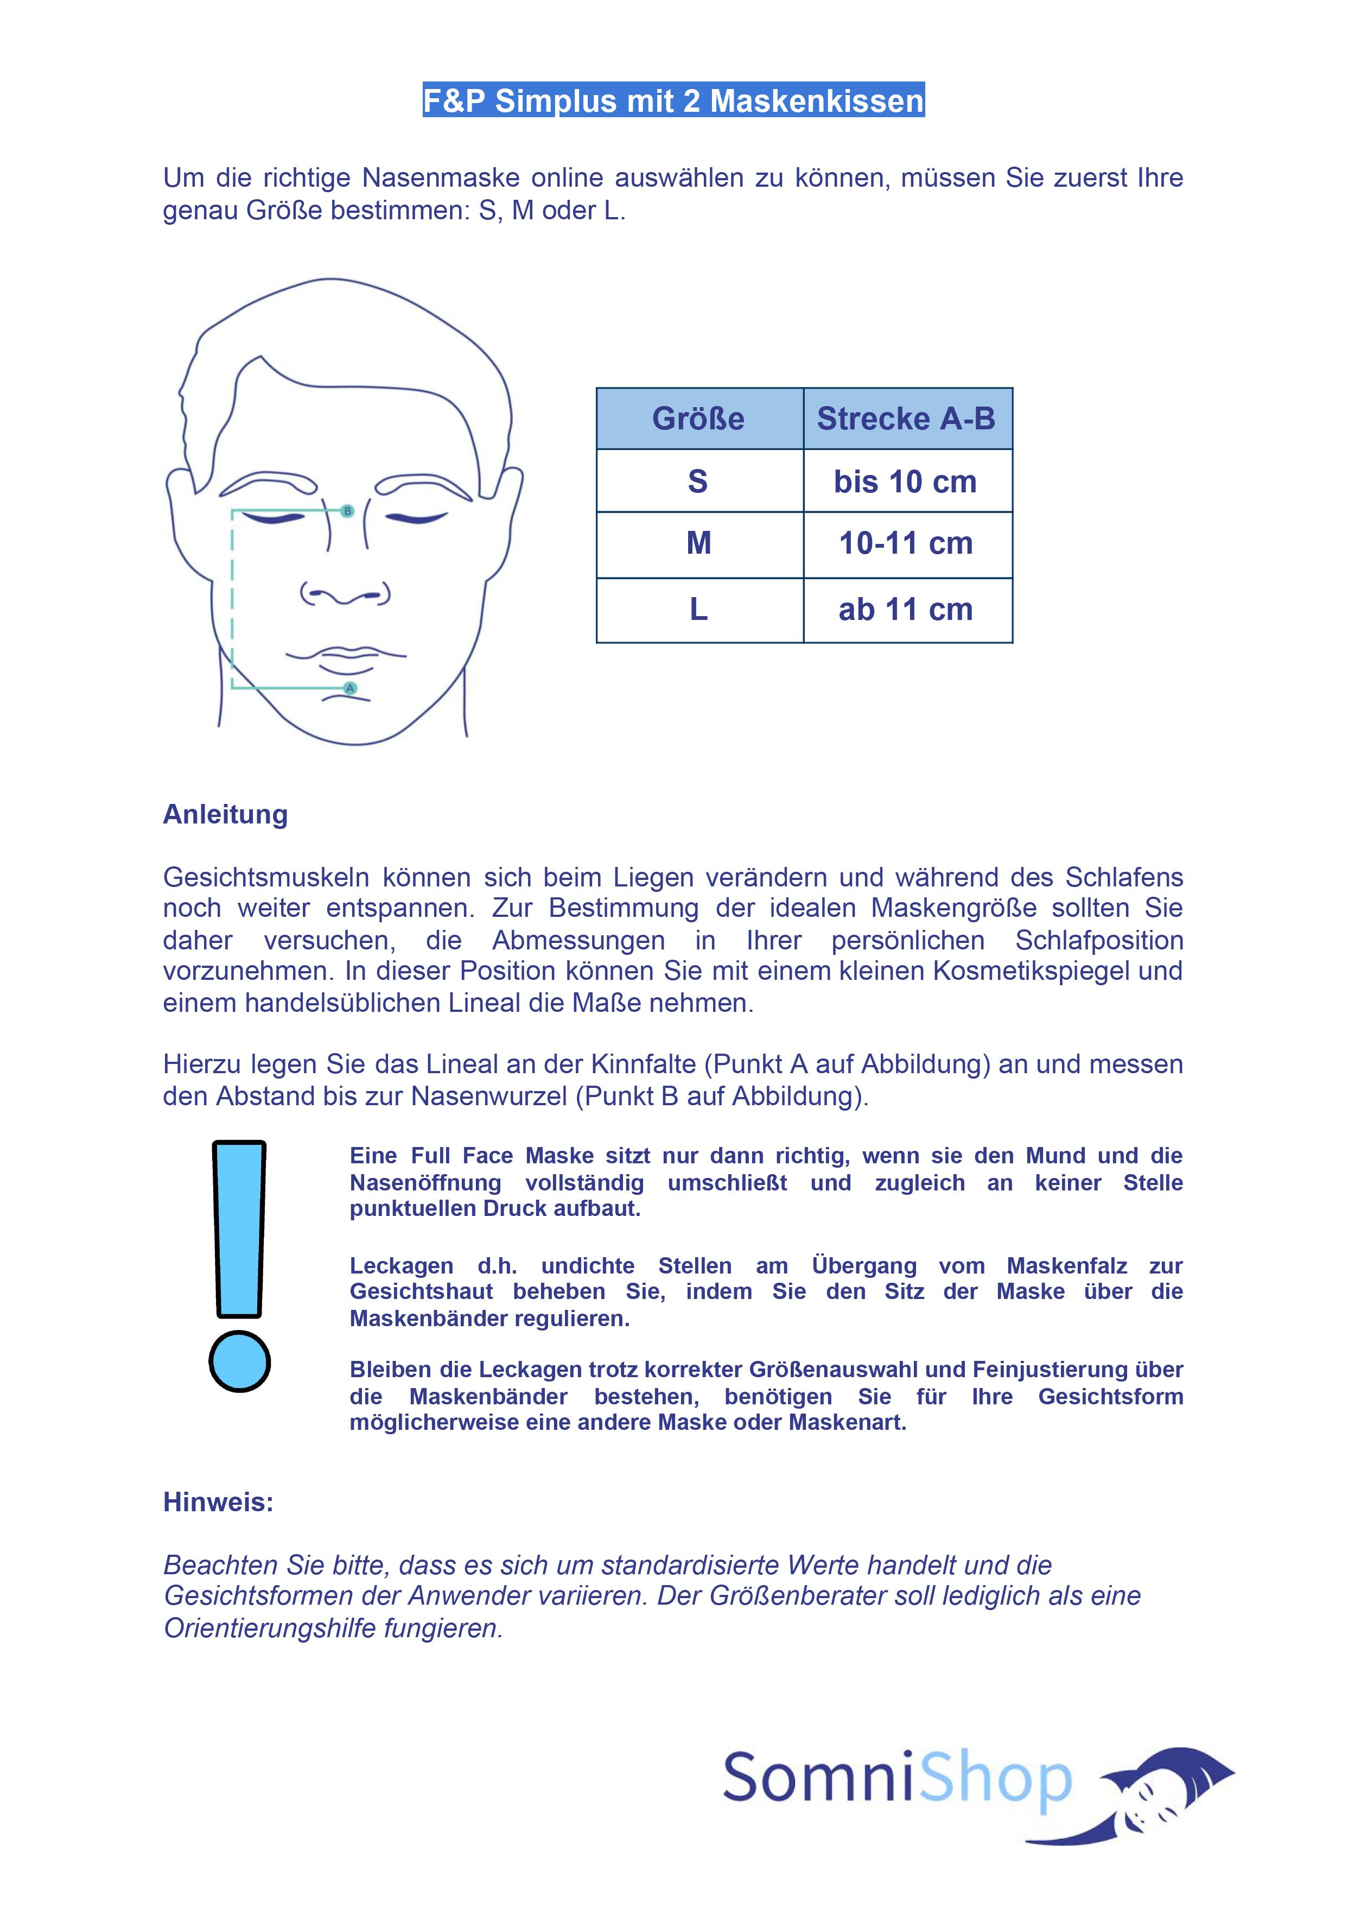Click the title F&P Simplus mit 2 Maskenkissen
pos(673,100)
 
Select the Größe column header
pos(698,419)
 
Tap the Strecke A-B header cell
pos(906,419)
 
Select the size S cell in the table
pos(698,481)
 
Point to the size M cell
pos(698,544)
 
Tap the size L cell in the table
pos(698,610)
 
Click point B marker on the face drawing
pos(348,511)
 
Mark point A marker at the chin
pos(351,688)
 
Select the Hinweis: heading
pos(218,1501)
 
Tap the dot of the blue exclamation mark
pos(239,1361)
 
